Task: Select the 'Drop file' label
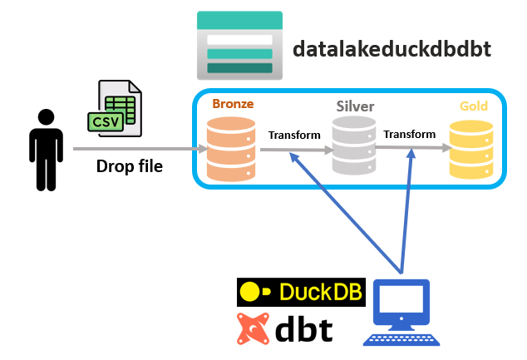130,165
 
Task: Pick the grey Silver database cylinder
354,145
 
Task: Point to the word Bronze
233,104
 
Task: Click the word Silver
355,106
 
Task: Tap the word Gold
474,106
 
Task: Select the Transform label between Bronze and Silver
294,135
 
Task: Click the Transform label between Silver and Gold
409,134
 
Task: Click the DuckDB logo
302,292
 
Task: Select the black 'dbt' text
304,329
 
